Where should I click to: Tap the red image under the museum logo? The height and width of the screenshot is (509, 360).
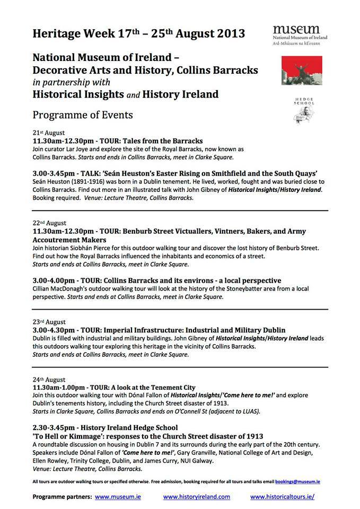[298, 70]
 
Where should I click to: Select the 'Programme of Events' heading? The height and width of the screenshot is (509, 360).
[83, 115]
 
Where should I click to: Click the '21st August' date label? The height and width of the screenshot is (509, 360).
[49, 133]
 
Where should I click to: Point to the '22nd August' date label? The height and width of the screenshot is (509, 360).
[49, 223]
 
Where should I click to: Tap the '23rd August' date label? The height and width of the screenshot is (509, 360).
[49, 321]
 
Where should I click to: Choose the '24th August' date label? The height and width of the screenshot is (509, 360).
[49, 380]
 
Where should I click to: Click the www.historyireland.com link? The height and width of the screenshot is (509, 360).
[197, 497]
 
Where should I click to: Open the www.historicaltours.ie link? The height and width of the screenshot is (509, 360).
[283, 497]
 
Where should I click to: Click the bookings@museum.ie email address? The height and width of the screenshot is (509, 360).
[298, 481]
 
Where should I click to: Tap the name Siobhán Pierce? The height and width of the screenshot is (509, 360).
[86, 248]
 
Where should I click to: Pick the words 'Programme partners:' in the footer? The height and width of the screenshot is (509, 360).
[62, 497]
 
